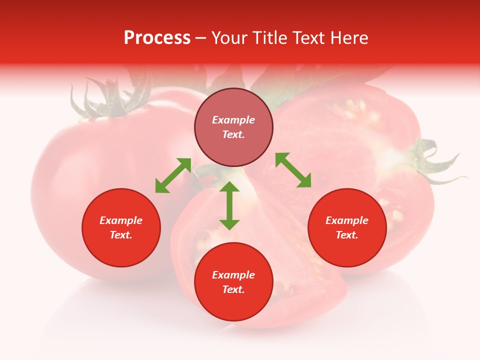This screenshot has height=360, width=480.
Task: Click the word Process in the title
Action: [x=157, y=38]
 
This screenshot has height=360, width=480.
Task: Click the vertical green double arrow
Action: [x=229, y=205]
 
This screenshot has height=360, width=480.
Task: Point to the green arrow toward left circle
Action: [x=173, y=175]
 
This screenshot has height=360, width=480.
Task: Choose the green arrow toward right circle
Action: [x=293, y=170]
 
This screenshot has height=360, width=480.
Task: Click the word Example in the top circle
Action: [x=233, y=120]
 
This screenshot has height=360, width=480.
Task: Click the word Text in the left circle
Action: [x=121, y=235]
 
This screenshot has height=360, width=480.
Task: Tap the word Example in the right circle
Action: [x=347, y=220]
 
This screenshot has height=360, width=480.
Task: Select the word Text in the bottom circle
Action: [x=233, y=289]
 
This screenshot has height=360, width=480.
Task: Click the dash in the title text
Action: [x=201, y=38]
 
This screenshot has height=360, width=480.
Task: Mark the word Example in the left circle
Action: [x=121, y=220]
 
